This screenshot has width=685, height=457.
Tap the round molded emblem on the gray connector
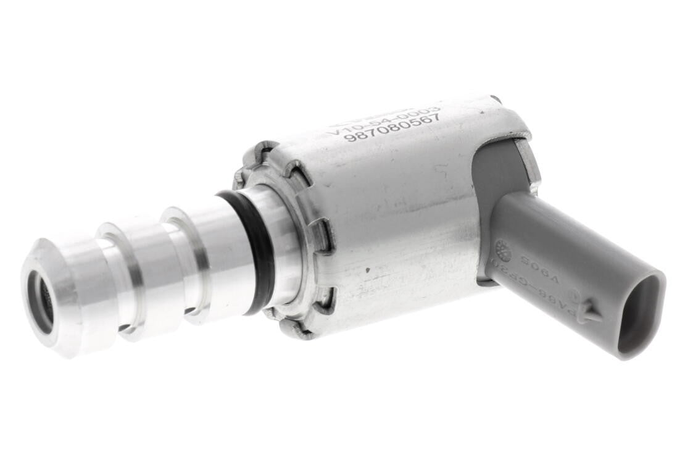pos(502,250)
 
